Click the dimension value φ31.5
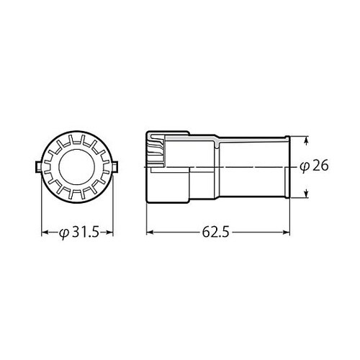point(81,233)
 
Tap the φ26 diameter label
point(314,166)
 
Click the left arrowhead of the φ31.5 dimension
point(45,233)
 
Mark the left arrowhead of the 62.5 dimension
point(150,233)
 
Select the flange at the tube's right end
point(287,166)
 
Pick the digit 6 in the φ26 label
point(324,166)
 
